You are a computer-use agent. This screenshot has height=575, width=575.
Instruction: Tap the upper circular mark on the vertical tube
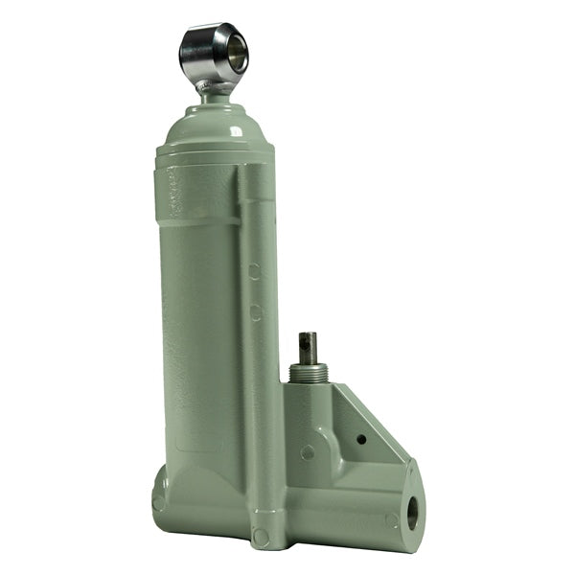click(255, 272)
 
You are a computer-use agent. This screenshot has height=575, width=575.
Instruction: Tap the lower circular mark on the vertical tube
click(256, 311)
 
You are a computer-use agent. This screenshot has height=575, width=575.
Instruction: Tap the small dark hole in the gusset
click(360, 439)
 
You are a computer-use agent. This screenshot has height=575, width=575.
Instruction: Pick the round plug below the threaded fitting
click(309, 451)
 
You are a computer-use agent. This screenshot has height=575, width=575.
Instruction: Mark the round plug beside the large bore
click(391, 520)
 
